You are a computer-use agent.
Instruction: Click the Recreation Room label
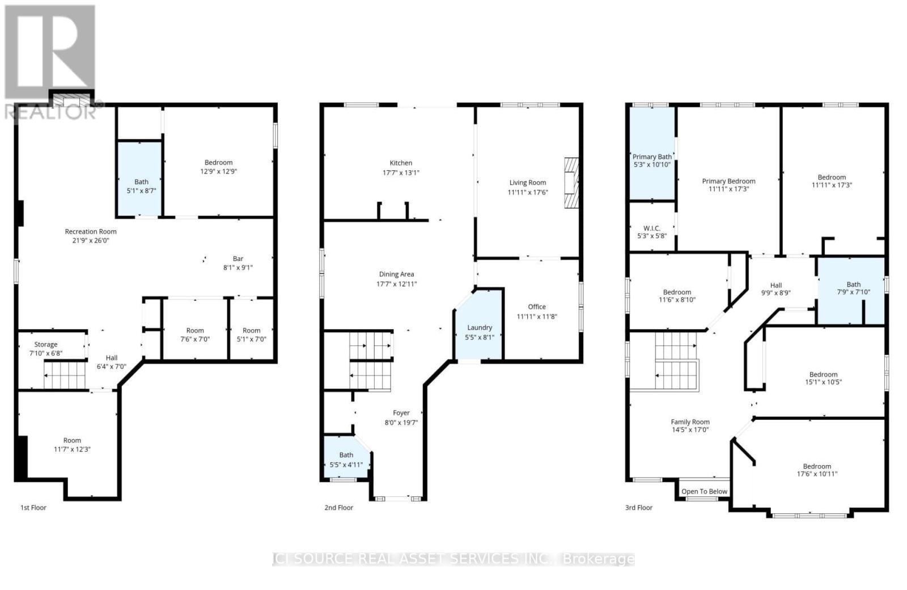[x=91, y=231]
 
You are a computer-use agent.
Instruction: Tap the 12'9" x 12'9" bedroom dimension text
[x=218, y=171]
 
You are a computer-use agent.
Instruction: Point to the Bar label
[x=238, y=259]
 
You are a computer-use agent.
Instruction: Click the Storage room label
[x=46, y=344]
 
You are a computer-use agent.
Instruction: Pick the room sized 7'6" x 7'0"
[x=195, y=335]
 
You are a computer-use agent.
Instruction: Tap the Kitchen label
[x=401, y=163]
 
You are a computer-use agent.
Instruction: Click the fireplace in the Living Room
[x=571, y=184]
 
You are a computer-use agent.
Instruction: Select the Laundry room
[x=480, y=332]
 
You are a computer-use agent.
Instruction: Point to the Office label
[x=537, y=306]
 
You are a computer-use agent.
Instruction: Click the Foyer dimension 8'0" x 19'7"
[x=401, y=423]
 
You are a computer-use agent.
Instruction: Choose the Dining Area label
[x=396, y=274]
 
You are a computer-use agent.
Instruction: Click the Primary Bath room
[x=652, y=161]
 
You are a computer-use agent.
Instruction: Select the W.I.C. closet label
[x=652, y=228]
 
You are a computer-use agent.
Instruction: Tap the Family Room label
[x=690, y=422]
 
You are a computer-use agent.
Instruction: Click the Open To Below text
[x=704, y=492]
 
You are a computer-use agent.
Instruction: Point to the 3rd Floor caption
[x=638, y=508]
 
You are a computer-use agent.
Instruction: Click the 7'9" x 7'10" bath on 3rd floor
[x=853, y=288]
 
